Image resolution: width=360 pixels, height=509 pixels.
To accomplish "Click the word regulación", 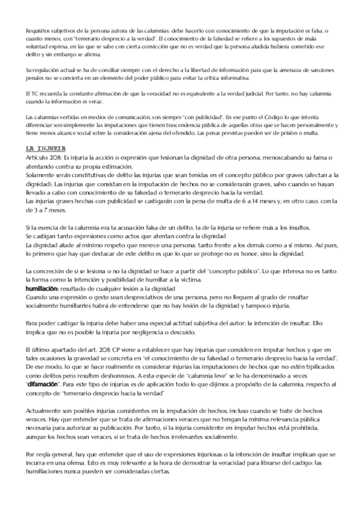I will coord(46,71).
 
